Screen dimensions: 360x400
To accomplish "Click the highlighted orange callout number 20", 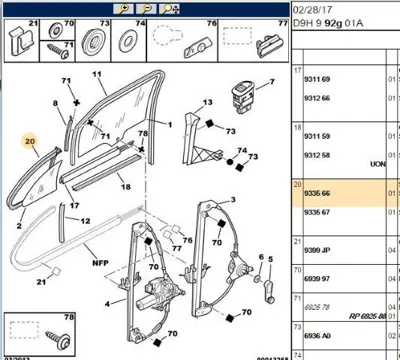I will click(31, 142).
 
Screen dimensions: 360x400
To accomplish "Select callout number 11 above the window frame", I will click(98, 76).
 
